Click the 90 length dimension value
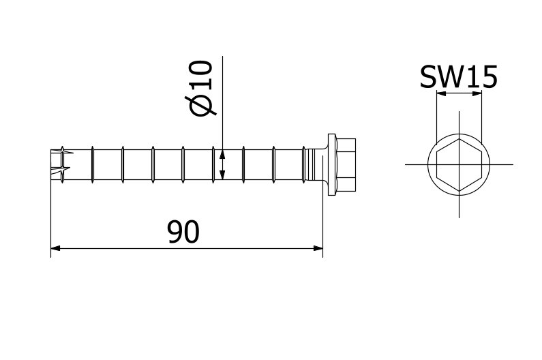coord(183,232)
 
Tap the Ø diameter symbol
coord(203,105)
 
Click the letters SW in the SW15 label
coord(442,78)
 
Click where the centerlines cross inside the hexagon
coord(459,164)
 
